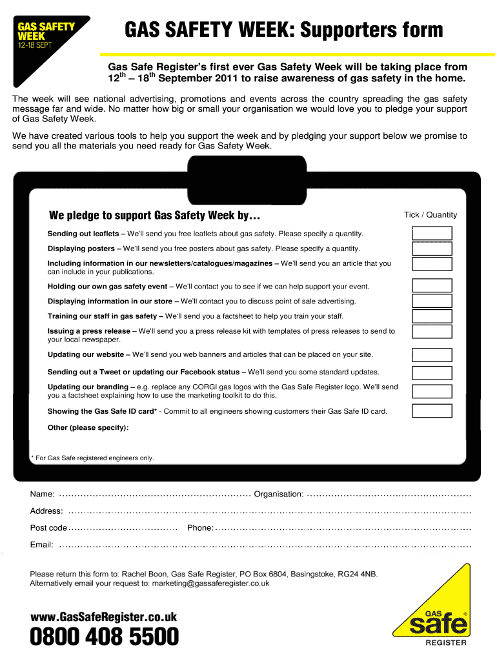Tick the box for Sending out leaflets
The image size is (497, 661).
click(432, 233)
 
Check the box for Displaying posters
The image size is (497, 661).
click(432, 249)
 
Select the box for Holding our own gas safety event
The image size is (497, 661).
click(432, 286)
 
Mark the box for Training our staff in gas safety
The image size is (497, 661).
click(432, 316)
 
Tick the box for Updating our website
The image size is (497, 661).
click(432, 354)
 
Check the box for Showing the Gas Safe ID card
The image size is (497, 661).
click(432, 411)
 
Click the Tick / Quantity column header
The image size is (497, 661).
click(430, 215)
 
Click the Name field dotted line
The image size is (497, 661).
click(154, 494)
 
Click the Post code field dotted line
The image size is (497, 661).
click(123, 528)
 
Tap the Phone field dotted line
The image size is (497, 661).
click(343, 528)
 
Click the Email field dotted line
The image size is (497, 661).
click(265, 545)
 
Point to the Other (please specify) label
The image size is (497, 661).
click(88, 427)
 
